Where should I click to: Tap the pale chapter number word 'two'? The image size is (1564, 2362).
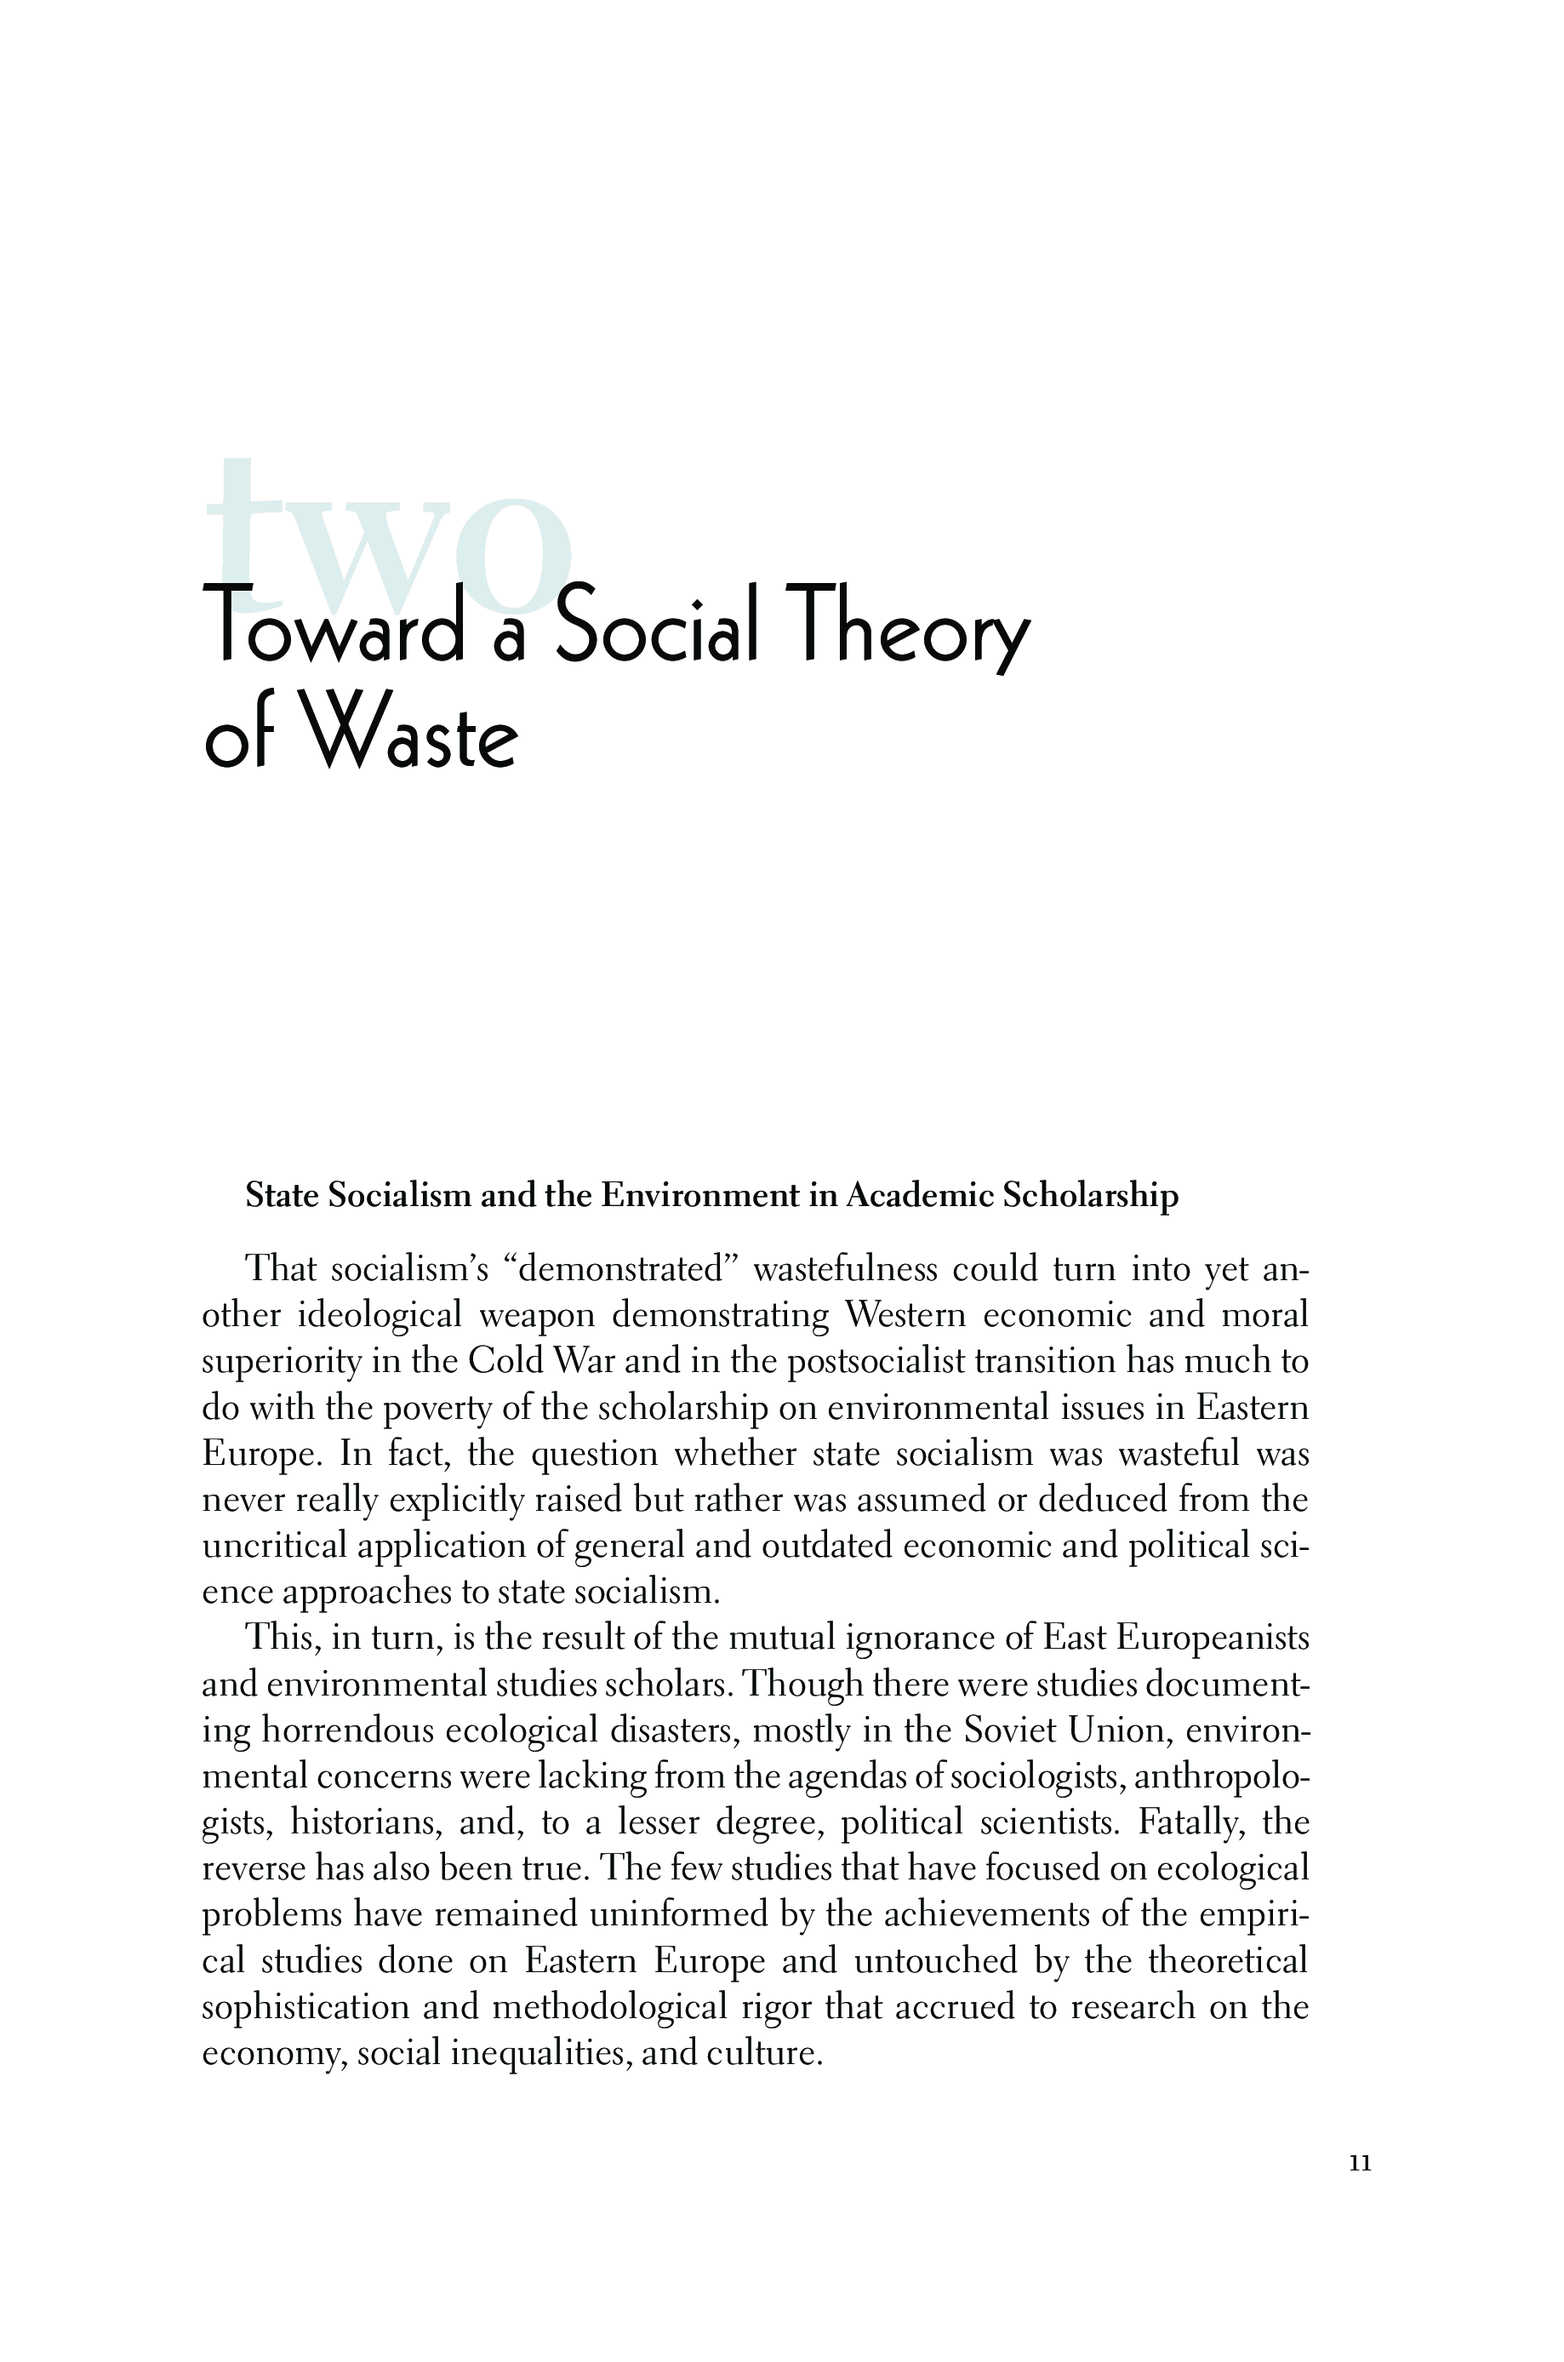[x=389, y=539]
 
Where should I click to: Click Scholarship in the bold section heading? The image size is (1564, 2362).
[x=1090, y=1195]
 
